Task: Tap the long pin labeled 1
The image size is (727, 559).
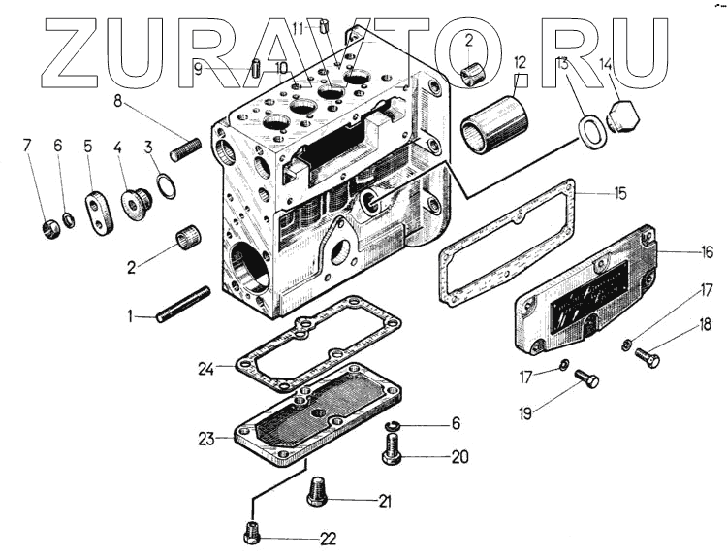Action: pyautogui.click(x=184, y=304)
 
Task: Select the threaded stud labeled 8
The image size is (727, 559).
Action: pyautogui.click(x=184, y=148)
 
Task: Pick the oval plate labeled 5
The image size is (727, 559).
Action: pyautogui.click(x=98, y=211)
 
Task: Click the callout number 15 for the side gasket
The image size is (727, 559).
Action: pyautogui.click(x=619, y=194)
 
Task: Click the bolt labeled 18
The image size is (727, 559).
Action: pyautogui.click(x=648, y=359)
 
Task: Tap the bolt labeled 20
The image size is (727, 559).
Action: pyautogui.click(x=393, y=451)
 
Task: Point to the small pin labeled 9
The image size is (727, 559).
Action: pyautogui.click(x=252, y=68)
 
